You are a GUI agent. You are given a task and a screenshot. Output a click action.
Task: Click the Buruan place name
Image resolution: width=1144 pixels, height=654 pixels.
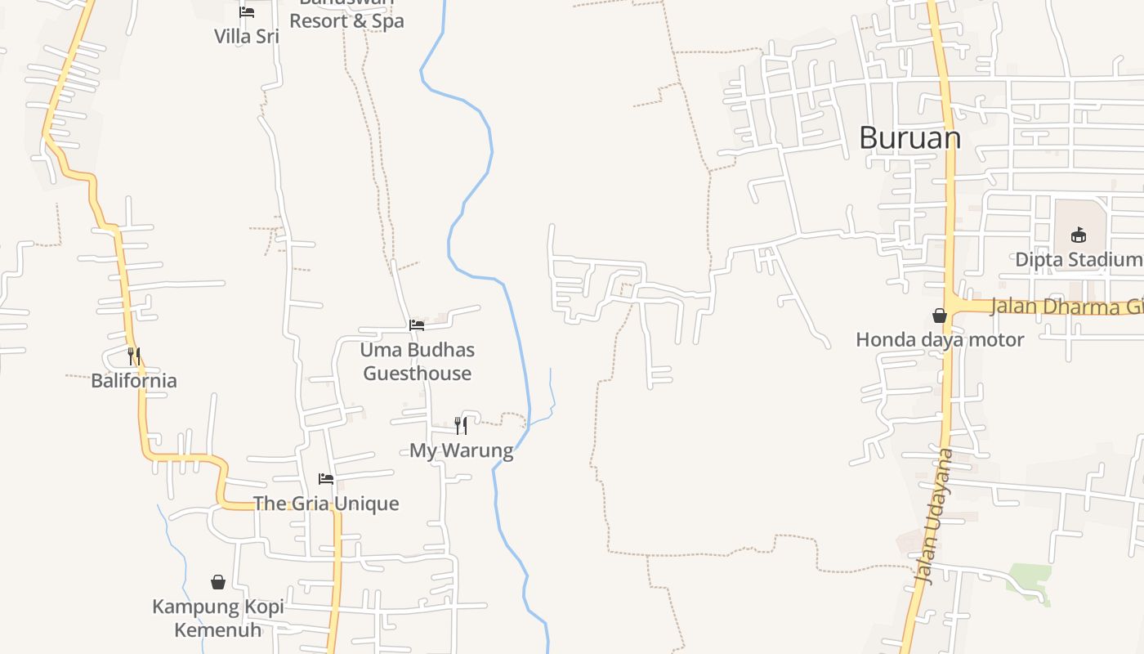click(909, 137)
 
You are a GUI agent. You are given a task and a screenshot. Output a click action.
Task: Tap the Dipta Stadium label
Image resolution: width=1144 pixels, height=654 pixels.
click(1078, 259)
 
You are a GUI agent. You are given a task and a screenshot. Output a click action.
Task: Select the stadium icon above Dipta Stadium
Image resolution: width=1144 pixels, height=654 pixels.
click(1079, 235)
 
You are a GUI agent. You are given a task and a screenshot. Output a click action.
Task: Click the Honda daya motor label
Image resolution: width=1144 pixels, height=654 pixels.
click(940, 339)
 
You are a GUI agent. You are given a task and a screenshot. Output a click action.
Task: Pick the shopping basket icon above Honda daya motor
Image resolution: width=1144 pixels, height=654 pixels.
click(940, 316)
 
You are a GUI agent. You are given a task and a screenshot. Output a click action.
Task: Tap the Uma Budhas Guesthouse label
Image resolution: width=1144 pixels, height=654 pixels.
click(417, 361)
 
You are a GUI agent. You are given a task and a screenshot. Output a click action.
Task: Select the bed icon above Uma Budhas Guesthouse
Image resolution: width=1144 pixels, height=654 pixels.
click(417, 325)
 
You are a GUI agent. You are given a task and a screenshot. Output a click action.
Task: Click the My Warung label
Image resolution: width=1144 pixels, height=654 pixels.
click(461, 450)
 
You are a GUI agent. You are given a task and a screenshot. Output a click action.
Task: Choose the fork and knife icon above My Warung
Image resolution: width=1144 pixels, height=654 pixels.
click(461, 425)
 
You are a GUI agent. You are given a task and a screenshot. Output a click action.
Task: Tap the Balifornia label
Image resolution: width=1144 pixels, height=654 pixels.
click(134, 380)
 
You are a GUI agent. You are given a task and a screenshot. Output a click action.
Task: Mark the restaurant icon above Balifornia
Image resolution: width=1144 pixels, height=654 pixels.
click(134, 356)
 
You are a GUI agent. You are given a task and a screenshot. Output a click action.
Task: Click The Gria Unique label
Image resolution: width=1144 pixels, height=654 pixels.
click(326, 503)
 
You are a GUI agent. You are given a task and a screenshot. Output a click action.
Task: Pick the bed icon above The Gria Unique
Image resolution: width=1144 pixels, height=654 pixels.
click(326, 479)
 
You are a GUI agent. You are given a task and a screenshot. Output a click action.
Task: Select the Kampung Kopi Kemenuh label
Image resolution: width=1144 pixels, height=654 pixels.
click(218, 618)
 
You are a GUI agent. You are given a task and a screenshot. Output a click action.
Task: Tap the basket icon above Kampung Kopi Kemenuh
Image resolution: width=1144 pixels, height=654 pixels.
click(218, 582)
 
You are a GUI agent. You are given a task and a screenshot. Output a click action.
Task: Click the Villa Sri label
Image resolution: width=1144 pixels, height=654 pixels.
click(247, 36)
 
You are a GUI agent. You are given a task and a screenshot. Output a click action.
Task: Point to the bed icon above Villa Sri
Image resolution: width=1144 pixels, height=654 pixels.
click(247, 12)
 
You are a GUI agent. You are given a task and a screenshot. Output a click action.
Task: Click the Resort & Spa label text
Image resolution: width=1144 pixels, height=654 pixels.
click(346, 20)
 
